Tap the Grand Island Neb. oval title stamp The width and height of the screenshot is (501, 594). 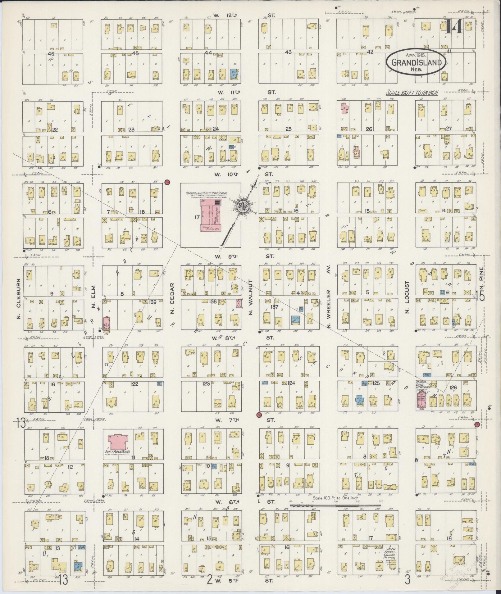(416, 62)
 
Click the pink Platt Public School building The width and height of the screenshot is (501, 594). (118, 441)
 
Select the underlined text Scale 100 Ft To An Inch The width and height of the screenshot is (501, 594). (412, 93)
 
